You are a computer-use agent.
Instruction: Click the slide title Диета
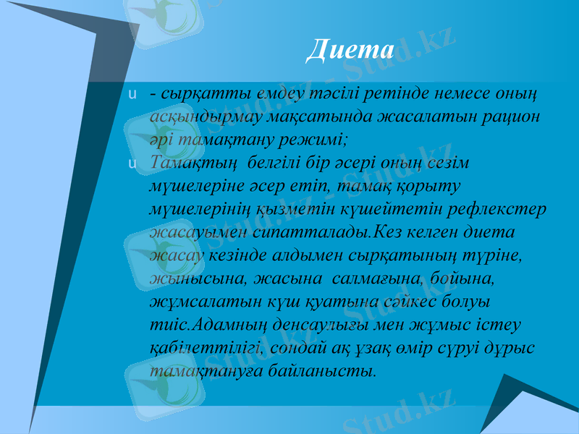[x=350, y=50]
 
